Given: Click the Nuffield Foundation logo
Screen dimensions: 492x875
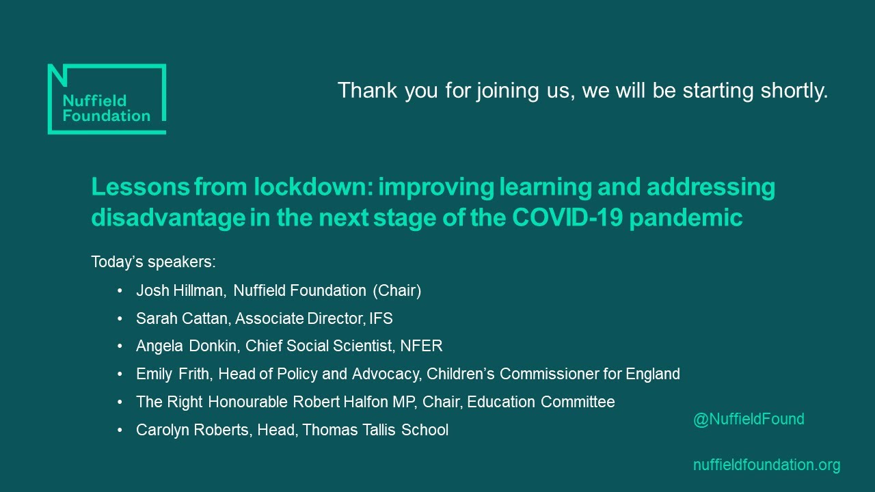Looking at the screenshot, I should click(x=106, y=99).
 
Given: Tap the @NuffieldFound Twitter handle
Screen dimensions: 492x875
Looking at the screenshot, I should click(x=749, y=420).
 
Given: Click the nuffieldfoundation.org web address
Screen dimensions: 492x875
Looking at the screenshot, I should click(x=766, y=465).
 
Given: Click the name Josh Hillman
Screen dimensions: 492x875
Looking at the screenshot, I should click(x=180, y=290).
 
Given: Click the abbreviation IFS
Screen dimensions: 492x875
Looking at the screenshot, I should click(x=380, y=318).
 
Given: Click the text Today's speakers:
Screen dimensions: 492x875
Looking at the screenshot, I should click(x=153, y=262).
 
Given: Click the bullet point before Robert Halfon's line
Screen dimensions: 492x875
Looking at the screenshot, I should click(x=120, y=402).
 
